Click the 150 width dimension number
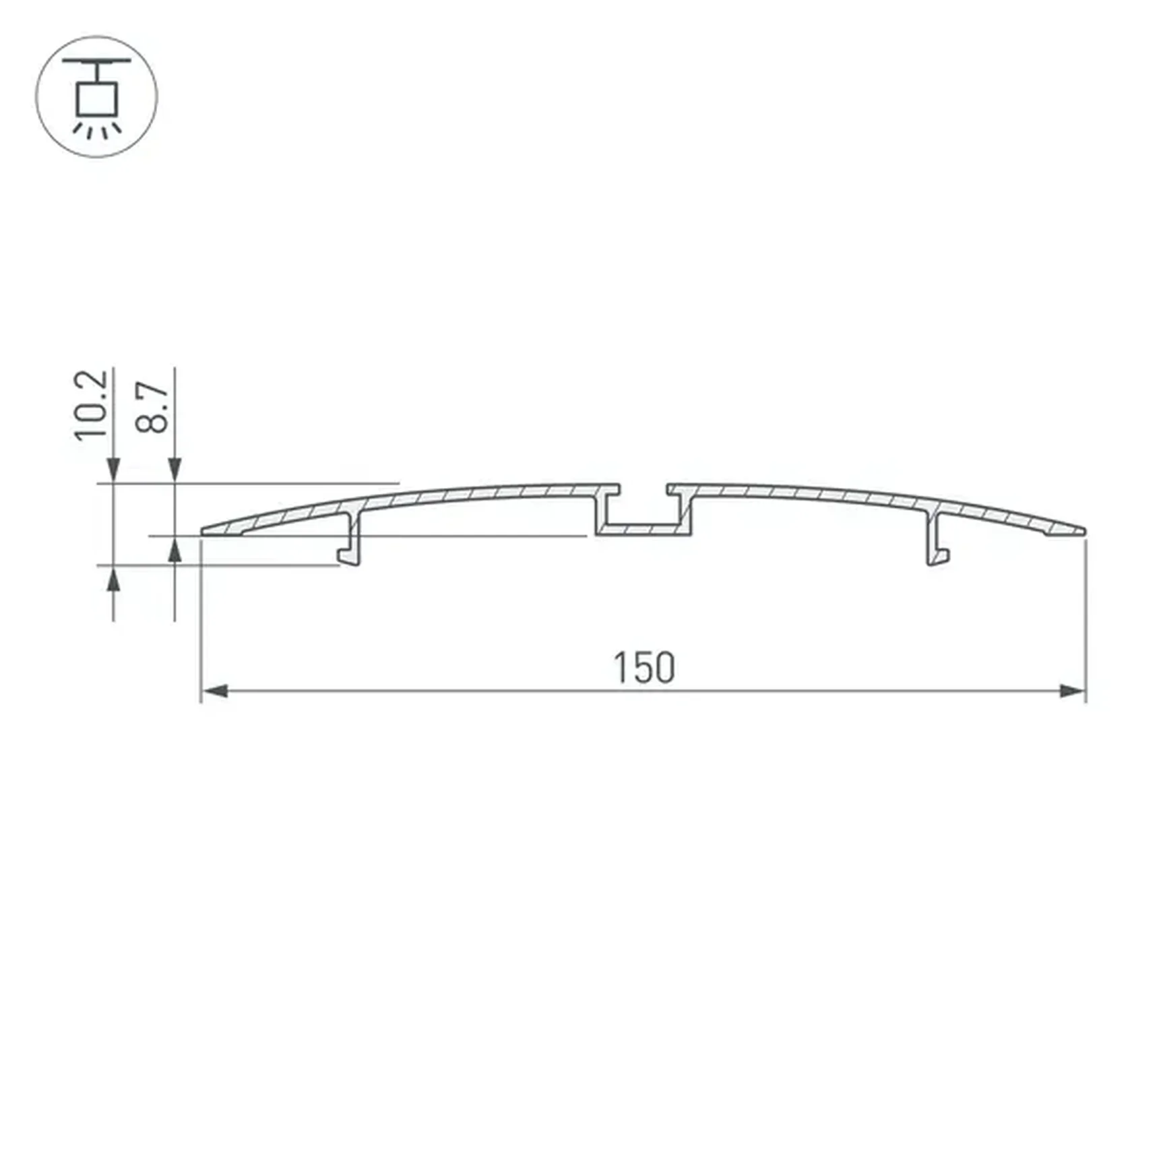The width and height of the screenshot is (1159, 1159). pyautogui.click(x=644, y=668)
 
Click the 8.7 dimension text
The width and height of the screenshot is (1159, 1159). pyautogui.click(x=152, y=407)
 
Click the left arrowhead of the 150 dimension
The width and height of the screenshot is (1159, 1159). pyautogui.click(x=214, y=691)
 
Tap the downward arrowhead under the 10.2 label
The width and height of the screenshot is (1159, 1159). pyautogui.click(x=113, y=470)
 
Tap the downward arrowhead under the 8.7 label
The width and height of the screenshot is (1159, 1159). pyautogui.click(x=175, y=470)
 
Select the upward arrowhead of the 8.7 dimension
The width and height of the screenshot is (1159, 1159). pyautogui.click(x=175, y=551)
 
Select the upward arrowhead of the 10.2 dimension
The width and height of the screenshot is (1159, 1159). pyautogui.click(x=113, y=579)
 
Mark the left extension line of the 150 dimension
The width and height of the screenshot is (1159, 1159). pyautogui.click(x=201, y=620)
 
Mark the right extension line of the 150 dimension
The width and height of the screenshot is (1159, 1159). pyautogui.click(x=1086, y=620)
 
